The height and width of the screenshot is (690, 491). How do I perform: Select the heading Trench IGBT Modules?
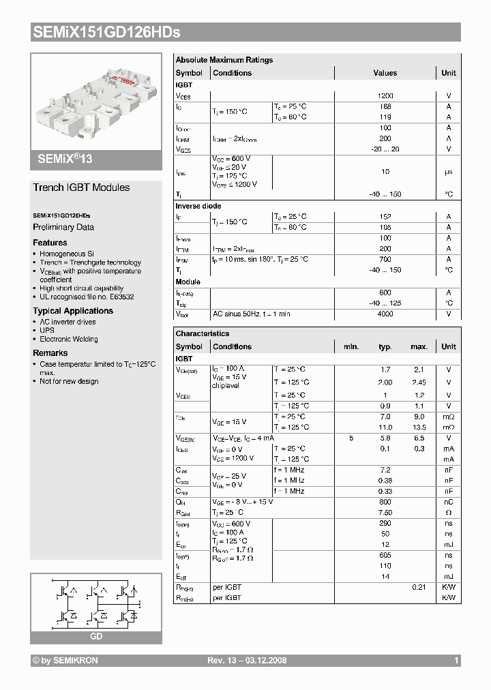click(x=81, y=187)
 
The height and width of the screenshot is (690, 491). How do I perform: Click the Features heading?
click(x=50, y=243)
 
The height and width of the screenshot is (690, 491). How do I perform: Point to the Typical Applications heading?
click(x=73, y=311)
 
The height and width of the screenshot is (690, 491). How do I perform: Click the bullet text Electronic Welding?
click(x=68, y=339)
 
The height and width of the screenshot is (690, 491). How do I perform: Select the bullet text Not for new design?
click(x=69, y=381)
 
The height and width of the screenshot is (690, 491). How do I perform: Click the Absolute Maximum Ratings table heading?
click(x=224, y=60)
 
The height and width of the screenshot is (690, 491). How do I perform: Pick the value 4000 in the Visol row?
click(x=385, y=314)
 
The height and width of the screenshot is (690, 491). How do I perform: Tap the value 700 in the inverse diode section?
click(x=385, y=259)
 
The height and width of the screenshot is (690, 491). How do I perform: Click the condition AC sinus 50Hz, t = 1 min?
click(x=252, y=314)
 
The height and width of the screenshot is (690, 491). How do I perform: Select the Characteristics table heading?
click(x=203, y=333)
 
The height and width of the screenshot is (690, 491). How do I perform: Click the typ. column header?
click(x=385, y=346)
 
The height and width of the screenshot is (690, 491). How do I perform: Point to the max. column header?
click(x=419, y=346)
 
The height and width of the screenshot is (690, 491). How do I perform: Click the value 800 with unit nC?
click(x=385, y=502)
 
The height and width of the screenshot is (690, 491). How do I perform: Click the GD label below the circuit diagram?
click(x=96, y=636)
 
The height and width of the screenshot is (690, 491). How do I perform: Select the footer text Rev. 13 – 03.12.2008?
click(x=247, y=661)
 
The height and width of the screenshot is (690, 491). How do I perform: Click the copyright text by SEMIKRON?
click(x=65, y=661)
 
